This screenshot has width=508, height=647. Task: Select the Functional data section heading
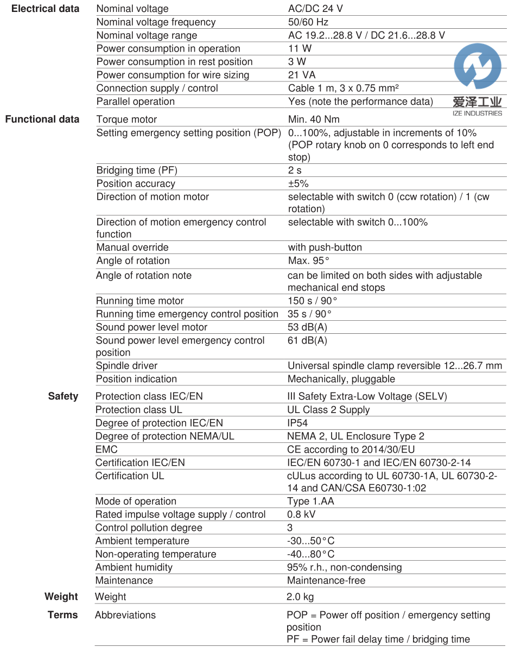click(42, 119)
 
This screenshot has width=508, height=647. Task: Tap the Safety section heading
click(63, 396)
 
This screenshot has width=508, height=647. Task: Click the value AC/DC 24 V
click(315, 9)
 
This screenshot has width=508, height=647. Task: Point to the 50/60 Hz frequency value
click(308, 22)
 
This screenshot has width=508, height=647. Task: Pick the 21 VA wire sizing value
click(301, 75)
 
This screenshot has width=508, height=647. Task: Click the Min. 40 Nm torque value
click(314, 119)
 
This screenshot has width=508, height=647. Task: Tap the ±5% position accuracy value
click(298, 183)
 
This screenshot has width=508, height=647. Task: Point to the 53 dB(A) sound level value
click(307, 327)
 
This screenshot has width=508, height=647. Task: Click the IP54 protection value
click(297, 423)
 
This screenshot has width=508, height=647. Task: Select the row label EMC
click(106, 449)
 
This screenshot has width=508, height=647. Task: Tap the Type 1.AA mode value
click(310, 501)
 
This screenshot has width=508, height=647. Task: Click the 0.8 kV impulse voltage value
click(301, 515)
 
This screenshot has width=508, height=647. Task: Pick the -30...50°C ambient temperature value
click(310, 541)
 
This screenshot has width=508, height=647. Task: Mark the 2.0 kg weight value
click(300, 597)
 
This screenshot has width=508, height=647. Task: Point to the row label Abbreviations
click(125, 615)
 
